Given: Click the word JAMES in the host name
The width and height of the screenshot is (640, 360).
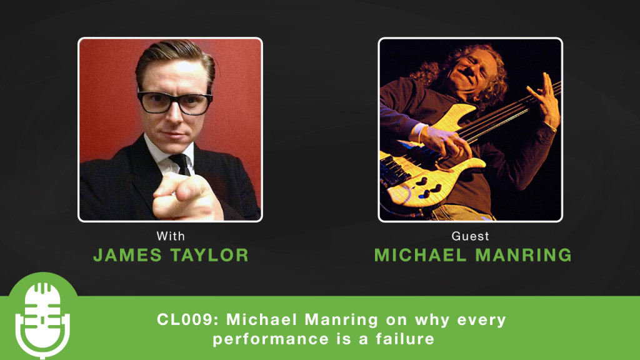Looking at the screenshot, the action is point(127,255).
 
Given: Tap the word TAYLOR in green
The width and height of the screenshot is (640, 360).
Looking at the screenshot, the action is point(209,255).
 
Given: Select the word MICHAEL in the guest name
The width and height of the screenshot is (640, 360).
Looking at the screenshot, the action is point(421,255).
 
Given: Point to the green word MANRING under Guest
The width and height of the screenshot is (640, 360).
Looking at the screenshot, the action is point(524,255).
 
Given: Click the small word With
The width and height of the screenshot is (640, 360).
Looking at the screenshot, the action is point(171,236).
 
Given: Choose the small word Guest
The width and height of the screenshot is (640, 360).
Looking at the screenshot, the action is point(470,236).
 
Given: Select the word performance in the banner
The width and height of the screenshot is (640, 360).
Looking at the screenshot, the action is point(271,339).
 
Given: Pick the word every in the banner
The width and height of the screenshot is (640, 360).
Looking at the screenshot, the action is point(482,320).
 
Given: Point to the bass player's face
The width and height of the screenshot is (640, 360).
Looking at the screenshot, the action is point(474,71).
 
